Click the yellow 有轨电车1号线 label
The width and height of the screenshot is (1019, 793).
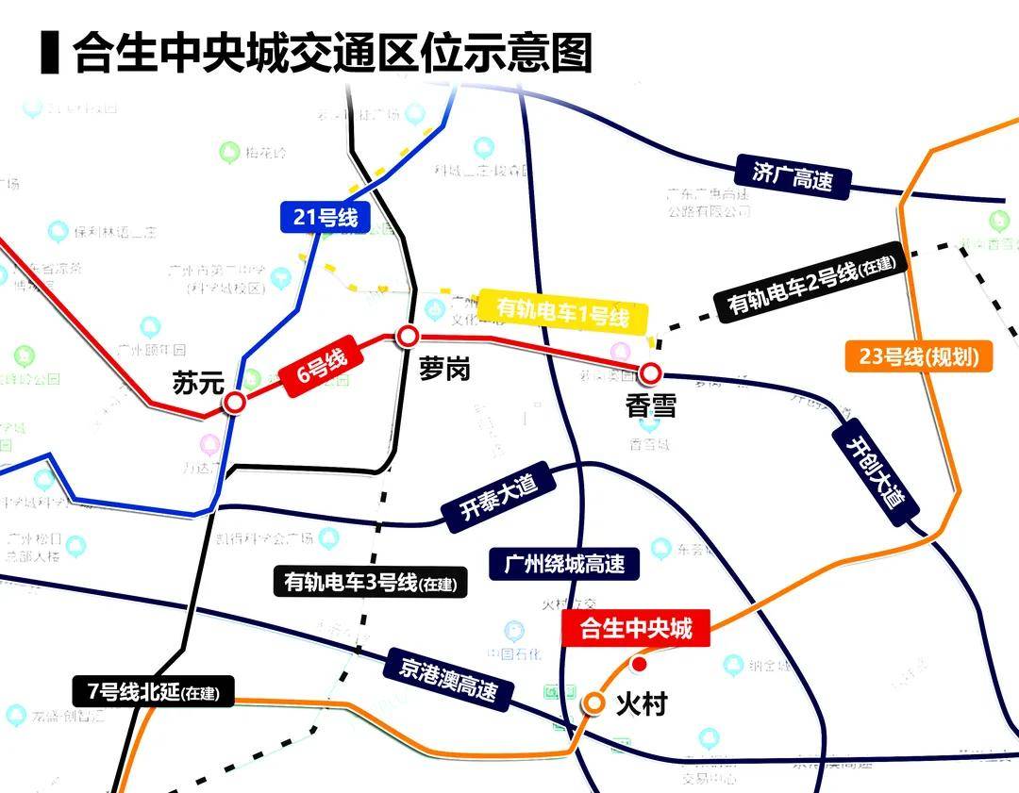pos(563,310)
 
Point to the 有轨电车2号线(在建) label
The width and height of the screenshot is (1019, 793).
pos(810,284)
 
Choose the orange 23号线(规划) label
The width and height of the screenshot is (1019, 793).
pos(912,357)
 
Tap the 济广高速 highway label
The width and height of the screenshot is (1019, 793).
pos(792,176)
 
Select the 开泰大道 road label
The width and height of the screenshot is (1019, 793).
pos(497,498)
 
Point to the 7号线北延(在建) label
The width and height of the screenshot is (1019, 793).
pos(152,693)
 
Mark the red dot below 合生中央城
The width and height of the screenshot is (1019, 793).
pos(639,665)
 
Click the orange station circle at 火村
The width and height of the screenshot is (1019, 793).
pos(594,702)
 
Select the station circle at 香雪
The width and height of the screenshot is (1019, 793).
pos(650,373)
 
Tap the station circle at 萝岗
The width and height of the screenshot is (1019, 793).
pos(408,336)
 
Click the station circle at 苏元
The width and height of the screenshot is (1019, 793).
pos(234,403)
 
